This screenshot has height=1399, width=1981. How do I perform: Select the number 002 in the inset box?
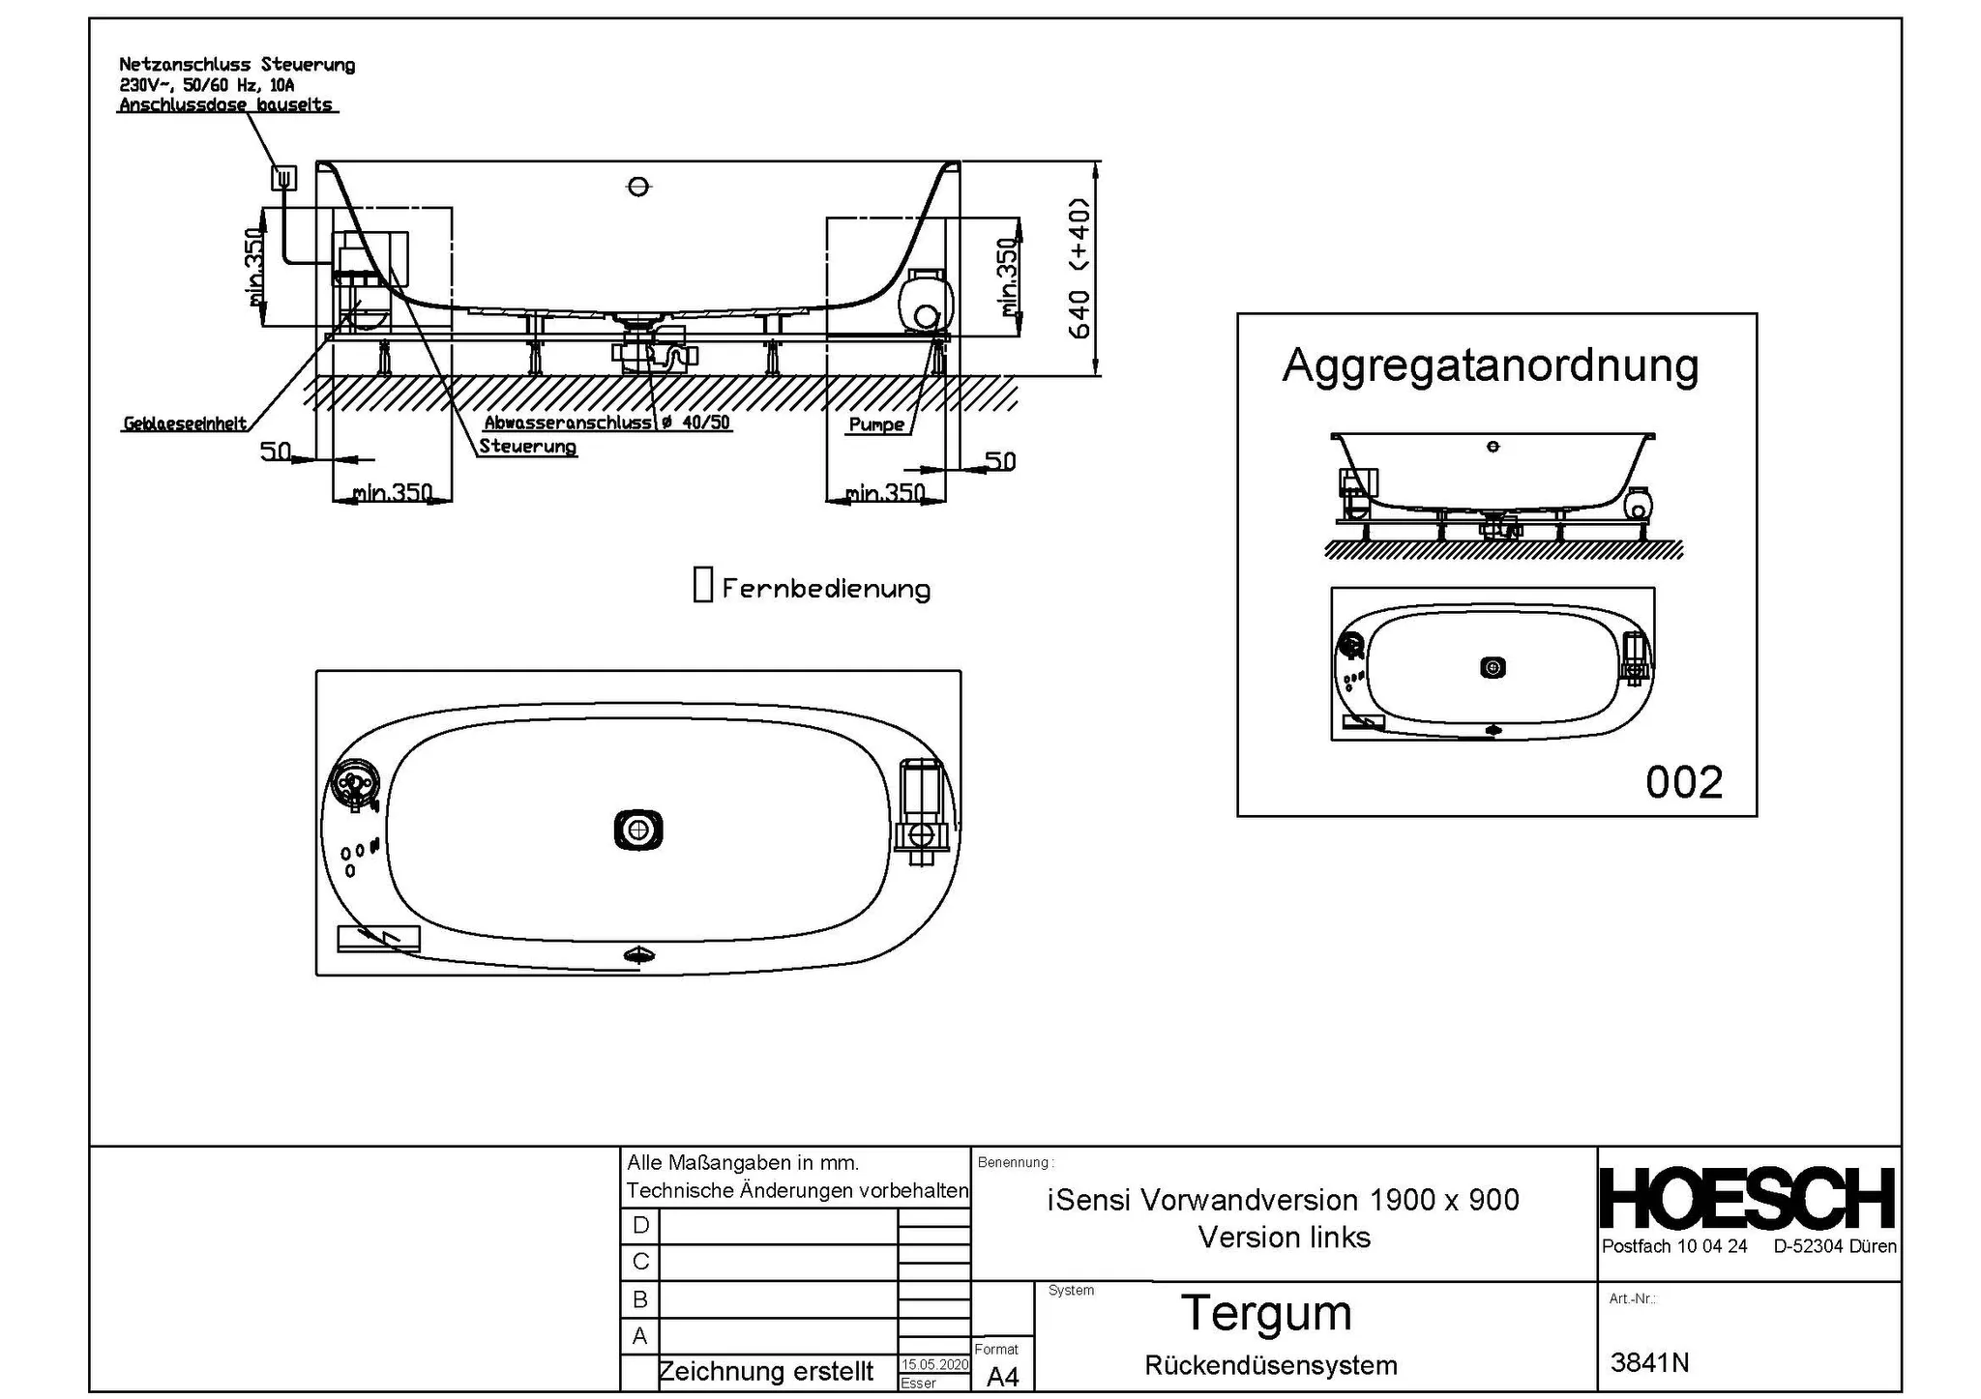(x=1684, y=782)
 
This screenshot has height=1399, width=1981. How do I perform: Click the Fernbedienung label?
(x=826, y=589)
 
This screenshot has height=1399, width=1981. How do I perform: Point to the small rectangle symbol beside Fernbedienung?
(x=703, y=584)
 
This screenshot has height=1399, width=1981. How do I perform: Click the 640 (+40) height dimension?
(x=1079, y=268)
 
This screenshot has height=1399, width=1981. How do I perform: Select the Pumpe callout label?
(x=876, y=424)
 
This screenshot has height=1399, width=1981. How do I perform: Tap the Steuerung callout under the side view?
(x=527, y=447)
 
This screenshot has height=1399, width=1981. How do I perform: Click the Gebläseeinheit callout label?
(x=185, y=423)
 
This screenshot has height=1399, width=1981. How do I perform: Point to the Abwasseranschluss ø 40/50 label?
(x=607, y=423)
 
